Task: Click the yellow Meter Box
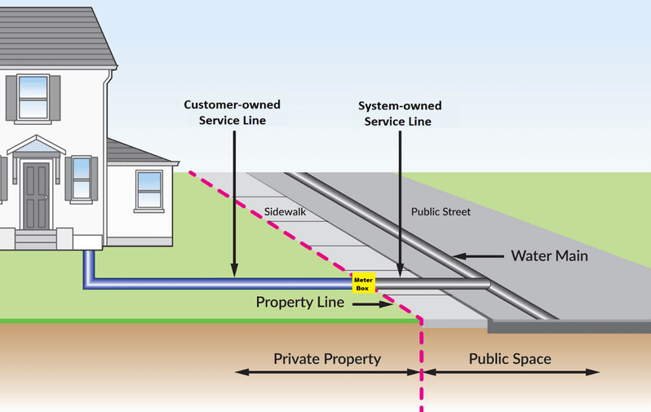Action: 363,283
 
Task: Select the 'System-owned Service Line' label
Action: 400,113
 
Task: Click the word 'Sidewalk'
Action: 284,212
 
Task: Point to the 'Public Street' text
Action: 441,212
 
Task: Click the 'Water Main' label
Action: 549,255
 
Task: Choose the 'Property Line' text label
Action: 300,302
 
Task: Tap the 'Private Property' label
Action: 327,359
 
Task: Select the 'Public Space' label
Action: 510,359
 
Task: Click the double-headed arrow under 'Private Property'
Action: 327,373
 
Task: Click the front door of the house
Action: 36,196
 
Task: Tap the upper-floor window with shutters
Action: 33,97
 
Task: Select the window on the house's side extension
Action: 148,189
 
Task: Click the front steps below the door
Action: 36,239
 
